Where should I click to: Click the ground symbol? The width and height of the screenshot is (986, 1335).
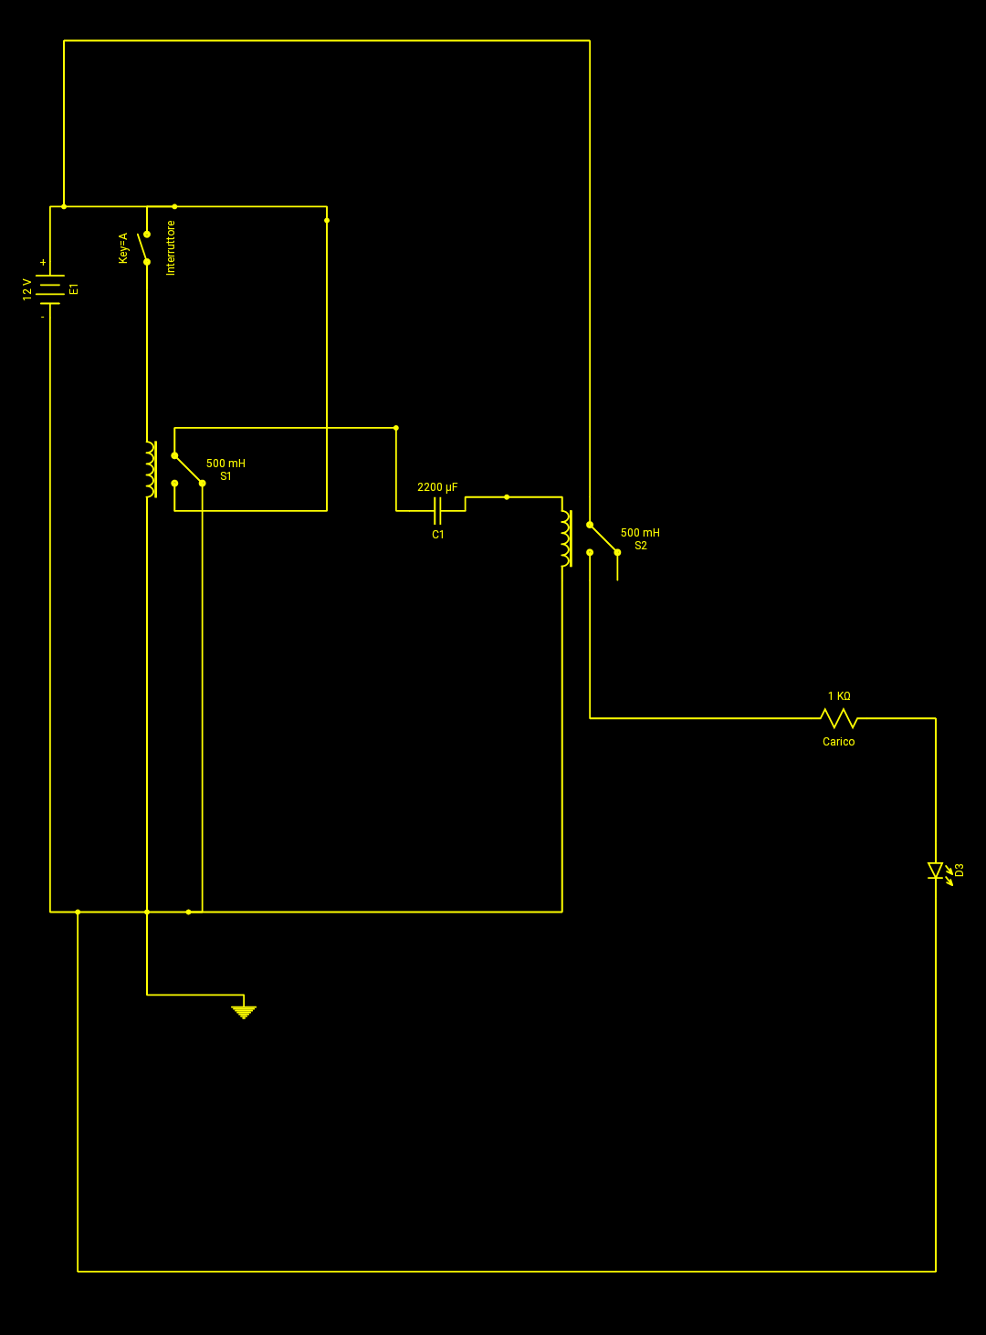pyautogui.click(x=244, y=1012)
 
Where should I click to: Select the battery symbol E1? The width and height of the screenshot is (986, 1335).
pyautogui.click(x=50, y=289)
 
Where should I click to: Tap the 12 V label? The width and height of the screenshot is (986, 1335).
pyautogui.click(x=27, y=289)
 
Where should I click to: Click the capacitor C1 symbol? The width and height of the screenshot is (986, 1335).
pyautogui.click(x=437, y=510)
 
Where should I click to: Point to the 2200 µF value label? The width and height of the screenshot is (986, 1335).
pyautogui.click(x=437, y=487)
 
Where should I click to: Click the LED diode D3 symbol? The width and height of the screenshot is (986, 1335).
pyautogui.click(x=936, y=871)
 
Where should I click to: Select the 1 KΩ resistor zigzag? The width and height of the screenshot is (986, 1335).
pyautogui.click(x=839, y=718)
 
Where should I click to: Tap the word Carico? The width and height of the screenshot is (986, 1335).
pyautogui.click(x=838, y=742)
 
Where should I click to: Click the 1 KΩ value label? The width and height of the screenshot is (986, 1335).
pyautogui.click(x=839, y=696)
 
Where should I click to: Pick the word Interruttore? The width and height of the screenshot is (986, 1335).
pyautogui.click(x=171, y=248)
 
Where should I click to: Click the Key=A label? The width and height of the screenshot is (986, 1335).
pyautogui.click(x=123, y=248)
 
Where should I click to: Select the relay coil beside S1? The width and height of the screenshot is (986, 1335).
pyautogui.click(x=152, y=469)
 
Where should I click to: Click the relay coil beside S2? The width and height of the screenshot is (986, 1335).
pyautogui.click(x=566, y=538)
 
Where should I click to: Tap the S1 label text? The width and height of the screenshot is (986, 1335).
pyautogui.click(x=226, y=476)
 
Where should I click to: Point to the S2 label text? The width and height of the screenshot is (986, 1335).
pyautogui.click(x=640, y=546)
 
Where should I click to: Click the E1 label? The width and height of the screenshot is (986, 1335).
pyautogui.click(x=74, y=289)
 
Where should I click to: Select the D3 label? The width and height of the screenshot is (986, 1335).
pyautogui.click(x=960, y=870)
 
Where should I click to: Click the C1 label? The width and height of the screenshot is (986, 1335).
pyautogui.click(x=438, y=535)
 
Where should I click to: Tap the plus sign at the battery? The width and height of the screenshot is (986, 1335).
pyautogui.click(x=43, y=263)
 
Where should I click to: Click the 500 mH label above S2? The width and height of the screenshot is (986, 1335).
pyautogui.click(x=640, y=533)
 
